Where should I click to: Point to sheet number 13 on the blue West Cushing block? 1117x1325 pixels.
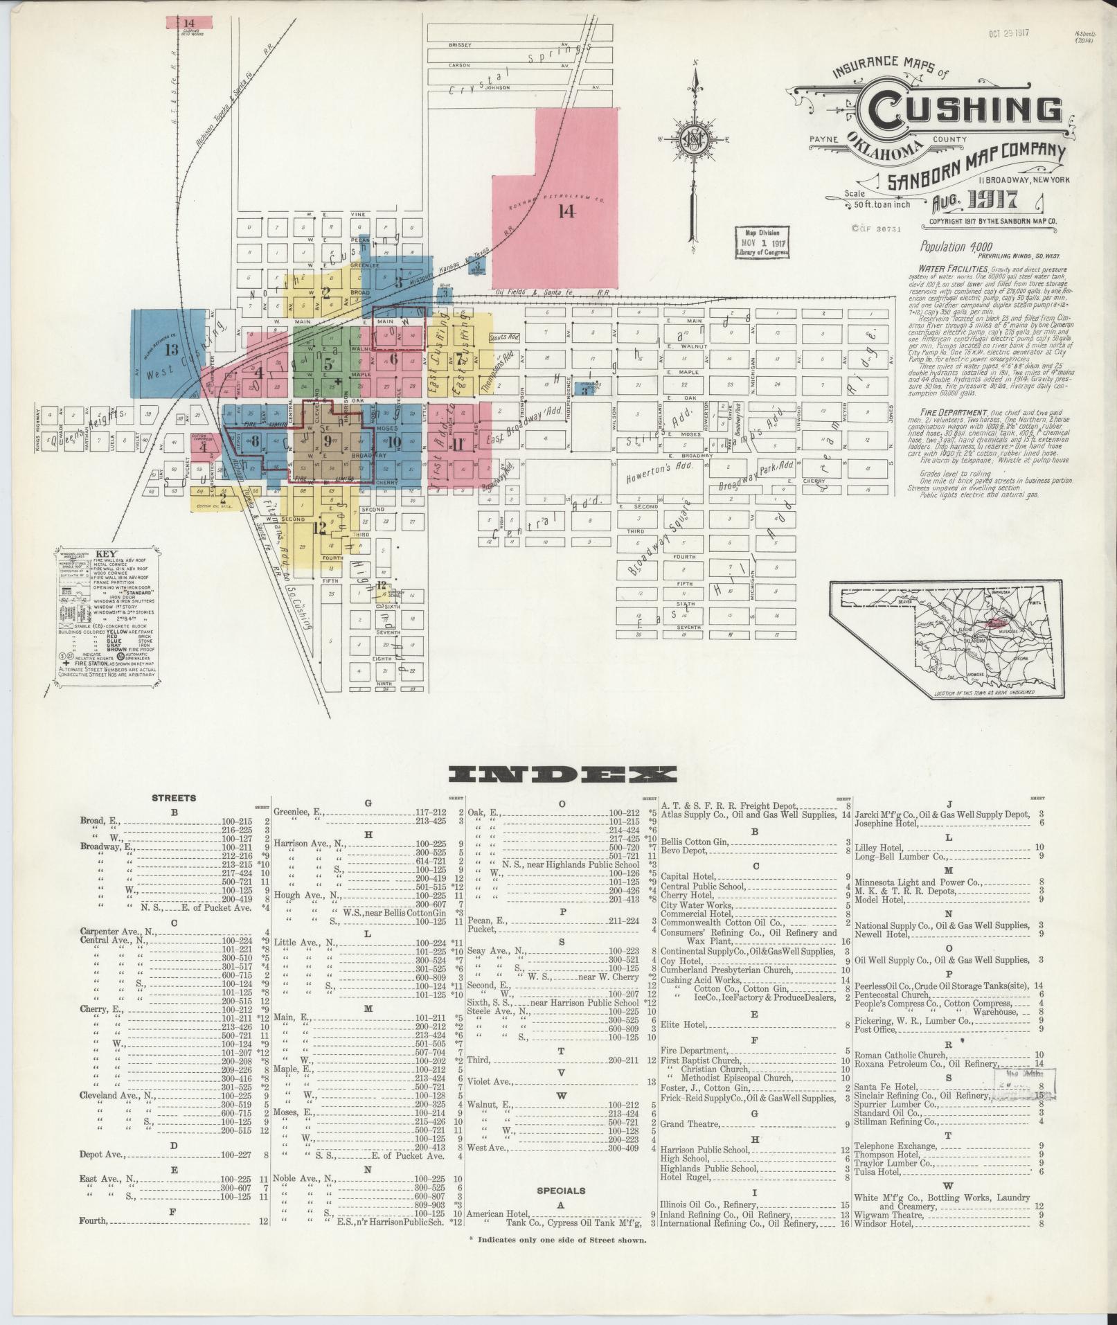click(x=171, y=350)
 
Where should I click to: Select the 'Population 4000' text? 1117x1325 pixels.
click(x=956, y=247)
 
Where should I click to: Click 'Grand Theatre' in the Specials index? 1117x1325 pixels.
click(x=690, y=1123)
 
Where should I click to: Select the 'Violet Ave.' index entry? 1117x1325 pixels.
click(x=489, y=1081)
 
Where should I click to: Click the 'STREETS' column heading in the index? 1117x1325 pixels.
click(x=173, y=797)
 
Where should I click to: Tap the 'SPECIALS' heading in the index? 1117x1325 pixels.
click(x=561, y=1191)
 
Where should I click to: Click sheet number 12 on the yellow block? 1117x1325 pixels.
click(x=319, y=527)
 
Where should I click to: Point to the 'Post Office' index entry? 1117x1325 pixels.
click(x=875, y=1030)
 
